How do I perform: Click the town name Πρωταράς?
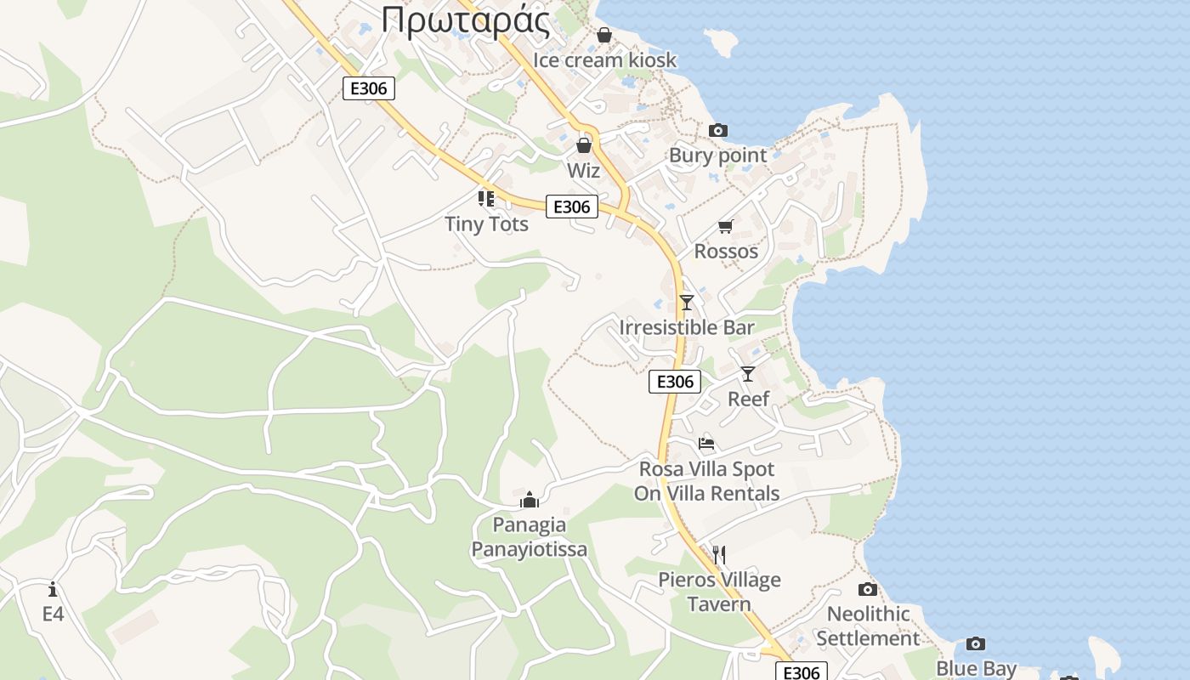coord(465,20)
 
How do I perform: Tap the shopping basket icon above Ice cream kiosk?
coord(604,35)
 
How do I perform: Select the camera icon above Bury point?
coord(718,130)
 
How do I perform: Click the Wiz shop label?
coord(584,171)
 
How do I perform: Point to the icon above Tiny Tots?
coord(486,199)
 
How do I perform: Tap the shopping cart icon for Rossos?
coord(726,226)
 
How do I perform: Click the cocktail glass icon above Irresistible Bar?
coord(687,302)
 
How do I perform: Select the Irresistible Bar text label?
coord(687,327)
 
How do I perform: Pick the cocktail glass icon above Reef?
coord(748,373)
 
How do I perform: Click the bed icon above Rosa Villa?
coord(706,443)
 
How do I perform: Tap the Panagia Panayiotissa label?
coord(530,537)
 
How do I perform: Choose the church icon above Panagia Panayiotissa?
coord(530,499)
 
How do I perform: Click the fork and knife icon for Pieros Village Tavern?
coord(719,555)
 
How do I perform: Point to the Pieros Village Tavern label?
coord(719,592)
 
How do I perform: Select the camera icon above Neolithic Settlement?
coord(868,589)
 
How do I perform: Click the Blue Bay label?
coord(976,669)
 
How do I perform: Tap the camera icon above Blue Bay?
coord(976,643)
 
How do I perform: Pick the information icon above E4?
coord(53,588)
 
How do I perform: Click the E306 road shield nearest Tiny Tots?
coord(572,207)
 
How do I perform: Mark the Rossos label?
coord(726,252)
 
